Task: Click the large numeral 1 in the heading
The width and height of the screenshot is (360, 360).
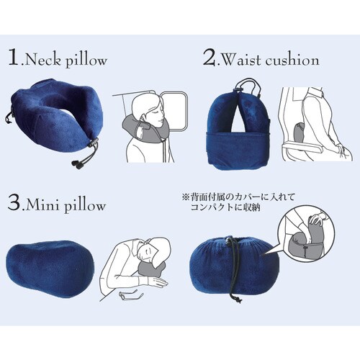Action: click(14, 58)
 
